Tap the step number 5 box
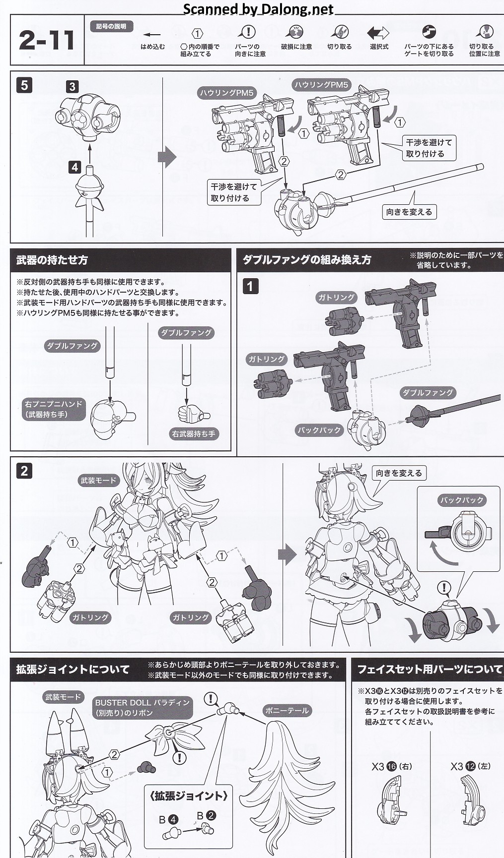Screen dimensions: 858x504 24,85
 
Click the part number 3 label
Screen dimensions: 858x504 72,87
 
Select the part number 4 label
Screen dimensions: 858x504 74,167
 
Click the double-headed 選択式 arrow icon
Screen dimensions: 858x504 378,33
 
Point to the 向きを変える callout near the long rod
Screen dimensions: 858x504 409,212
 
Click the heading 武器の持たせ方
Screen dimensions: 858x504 52,260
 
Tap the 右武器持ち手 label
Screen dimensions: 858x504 194,433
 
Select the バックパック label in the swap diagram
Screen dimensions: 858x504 319,430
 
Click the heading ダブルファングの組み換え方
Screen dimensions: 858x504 306,260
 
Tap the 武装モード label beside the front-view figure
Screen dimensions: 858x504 98,480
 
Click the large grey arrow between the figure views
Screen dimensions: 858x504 287,554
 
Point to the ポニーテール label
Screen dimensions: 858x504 287,710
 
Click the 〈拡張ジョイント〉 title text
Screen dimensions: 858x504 188,796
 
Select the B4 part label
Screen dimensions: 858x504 166,820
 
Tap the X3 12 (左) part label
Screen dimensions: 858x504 470,766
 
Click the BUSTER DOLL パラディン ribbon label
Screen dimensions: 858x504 143,708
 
